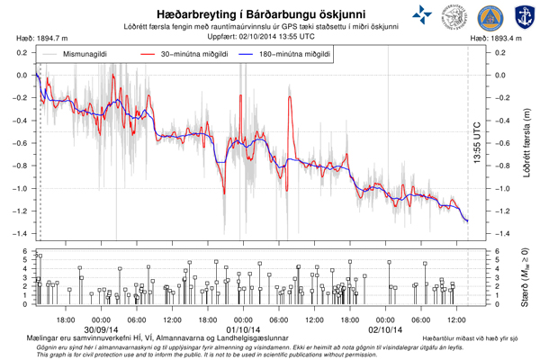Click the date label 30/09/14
pos(100,328)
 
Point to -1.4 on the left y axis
pos(21,234)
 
